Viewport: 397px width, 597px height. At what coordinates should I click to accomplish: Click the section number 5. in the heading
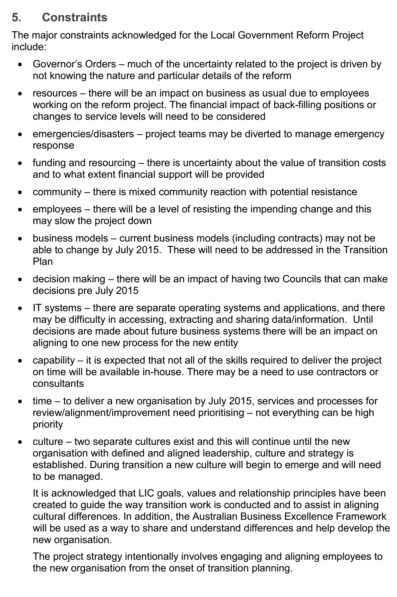[x=16, y=17]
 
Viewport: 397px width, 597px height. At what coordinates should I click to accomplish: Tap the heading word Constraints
[x=74, y=17]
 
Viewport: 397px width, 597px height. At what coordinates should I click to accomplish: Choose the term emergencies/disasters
[x=83, y=134]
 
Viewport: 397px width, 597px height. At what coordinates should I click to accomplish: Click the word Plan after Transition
[x=43, y=262]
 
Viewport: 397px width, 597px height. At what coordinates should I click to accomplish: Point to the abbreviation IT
[x=37, y=308]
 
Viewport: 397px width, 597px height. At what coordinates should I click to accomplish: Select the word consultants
[x=58, y=384]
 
